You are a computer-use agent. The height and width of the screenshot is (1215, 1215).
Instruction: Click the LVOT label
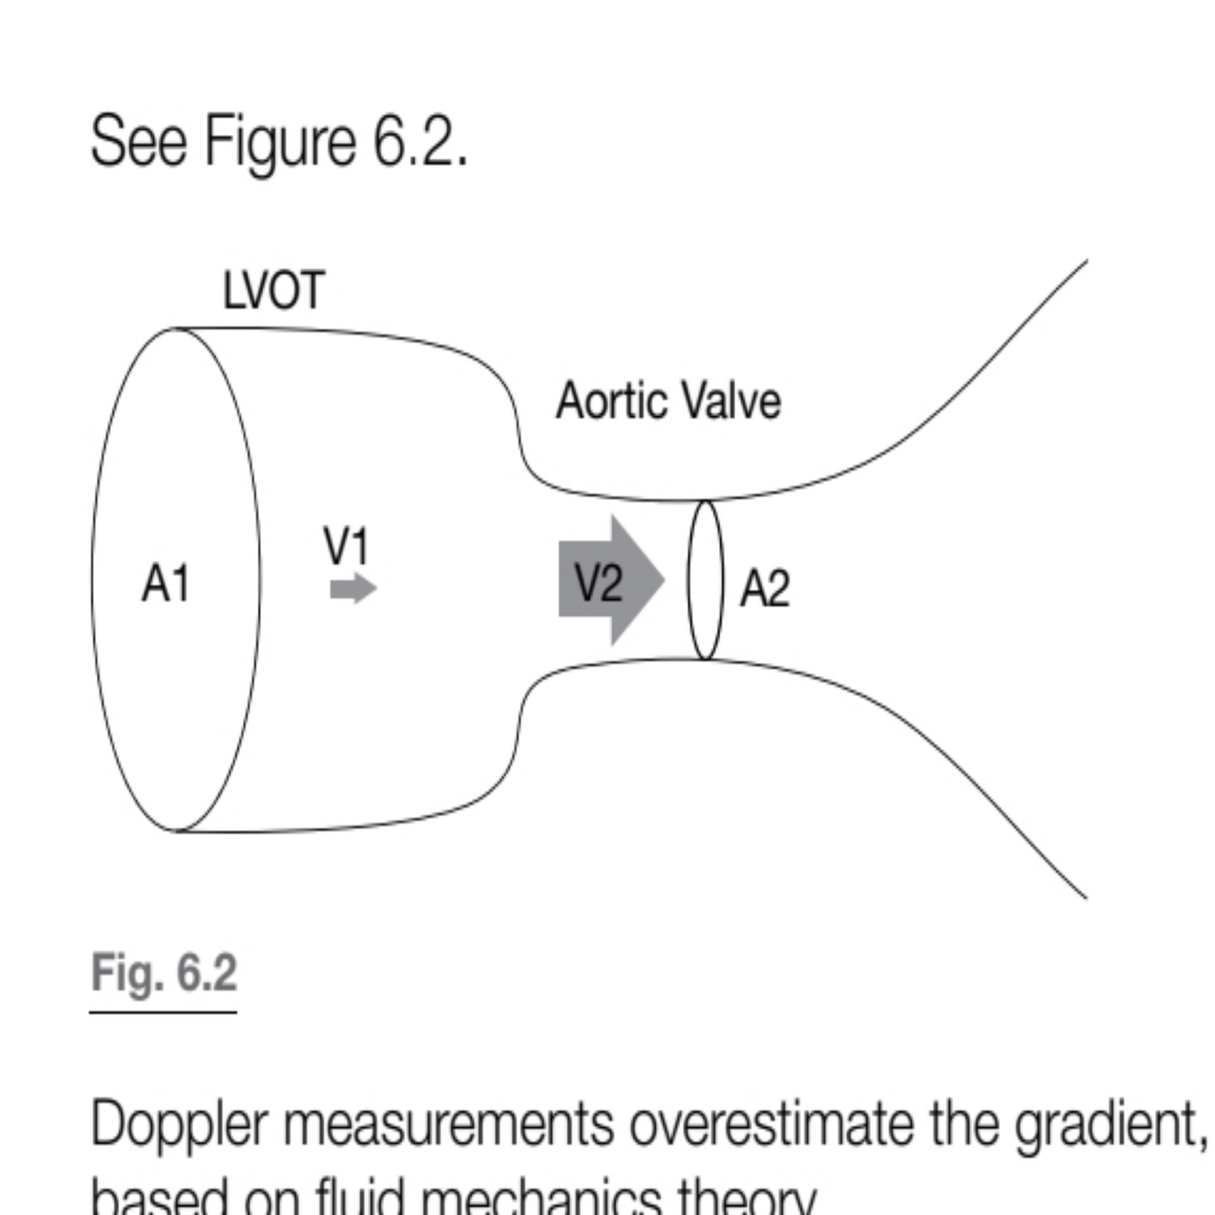point(273,291)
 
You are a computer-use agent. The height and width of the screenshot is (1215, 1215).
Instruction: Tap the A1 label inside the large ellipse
point(166,583)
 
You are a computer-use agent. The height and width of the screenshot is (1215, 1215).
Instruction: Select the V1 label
point(347,546)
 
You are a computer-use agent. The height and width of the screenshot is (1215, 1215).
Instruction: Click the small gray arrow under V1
point(352,589)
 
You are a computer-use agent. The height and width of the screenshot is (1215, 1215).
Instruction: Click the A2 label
point(764,588)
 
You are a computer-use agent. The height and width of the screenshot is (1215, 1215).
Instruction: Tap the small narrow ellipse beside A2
point(705,579)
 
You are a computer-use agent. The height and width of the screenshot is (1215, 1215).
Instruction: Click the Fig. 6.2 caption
point(164,973)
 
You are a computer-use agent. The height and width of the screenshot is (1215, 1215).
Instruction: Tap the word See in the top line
point(138,141)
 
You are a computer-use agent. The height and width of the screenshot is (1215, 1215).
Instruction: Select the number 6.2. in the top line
point(420,141)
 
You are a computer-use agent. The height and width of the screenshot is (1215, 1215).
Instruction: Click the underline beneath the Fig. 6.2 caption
point(164,1011)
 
